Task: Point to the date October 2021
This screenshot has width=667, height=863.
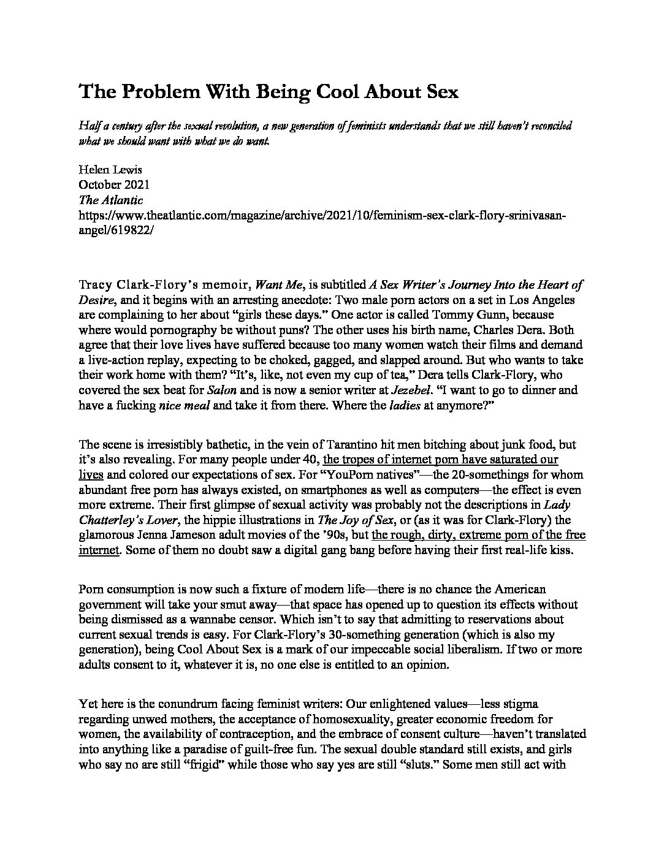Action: click(x=114, y=184)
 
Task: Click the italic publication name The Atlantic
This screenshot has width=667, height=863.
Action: click(x=111, y=200)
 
